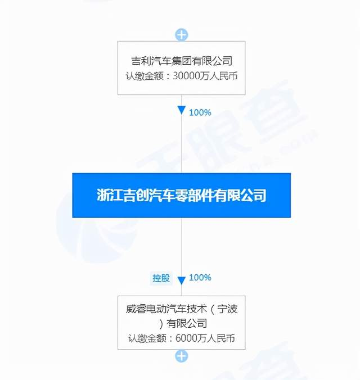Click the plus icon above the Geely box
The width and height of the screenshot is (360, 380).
tap(181, 35)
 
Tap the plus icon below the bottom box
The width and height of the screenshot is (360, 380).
tap(181, 355)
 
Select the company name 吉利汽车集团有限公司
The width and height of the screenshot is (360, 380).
tap(181, 61)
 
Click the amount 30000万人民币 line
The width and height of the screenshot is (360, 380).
tap(181, 75)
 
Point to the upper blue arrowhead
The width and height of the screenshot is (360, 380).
tap(181, 110)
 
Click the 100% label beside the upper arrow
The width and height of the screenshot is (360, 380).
tap(200, 112)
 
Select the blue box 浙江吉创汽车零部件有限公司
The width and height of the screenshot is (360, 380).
tap(181, 195)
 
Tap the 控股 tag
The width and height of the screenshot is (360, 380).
tap(160, 278)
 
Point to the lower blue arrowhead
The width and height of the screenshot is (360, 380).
tap(181, 280)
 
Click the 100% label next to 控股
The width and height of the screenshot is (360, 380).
tap(200, 278)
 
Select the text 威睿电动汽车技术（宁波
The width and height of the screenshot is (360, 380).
tap(181, 309)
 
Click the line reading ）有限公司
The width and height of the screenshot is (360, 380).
tap(181, 323)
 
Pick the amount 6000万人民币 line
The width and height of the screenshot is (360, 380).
tap(181, 338)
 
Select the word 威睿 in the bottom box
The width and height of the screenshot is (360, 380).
tap(136, 309)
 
